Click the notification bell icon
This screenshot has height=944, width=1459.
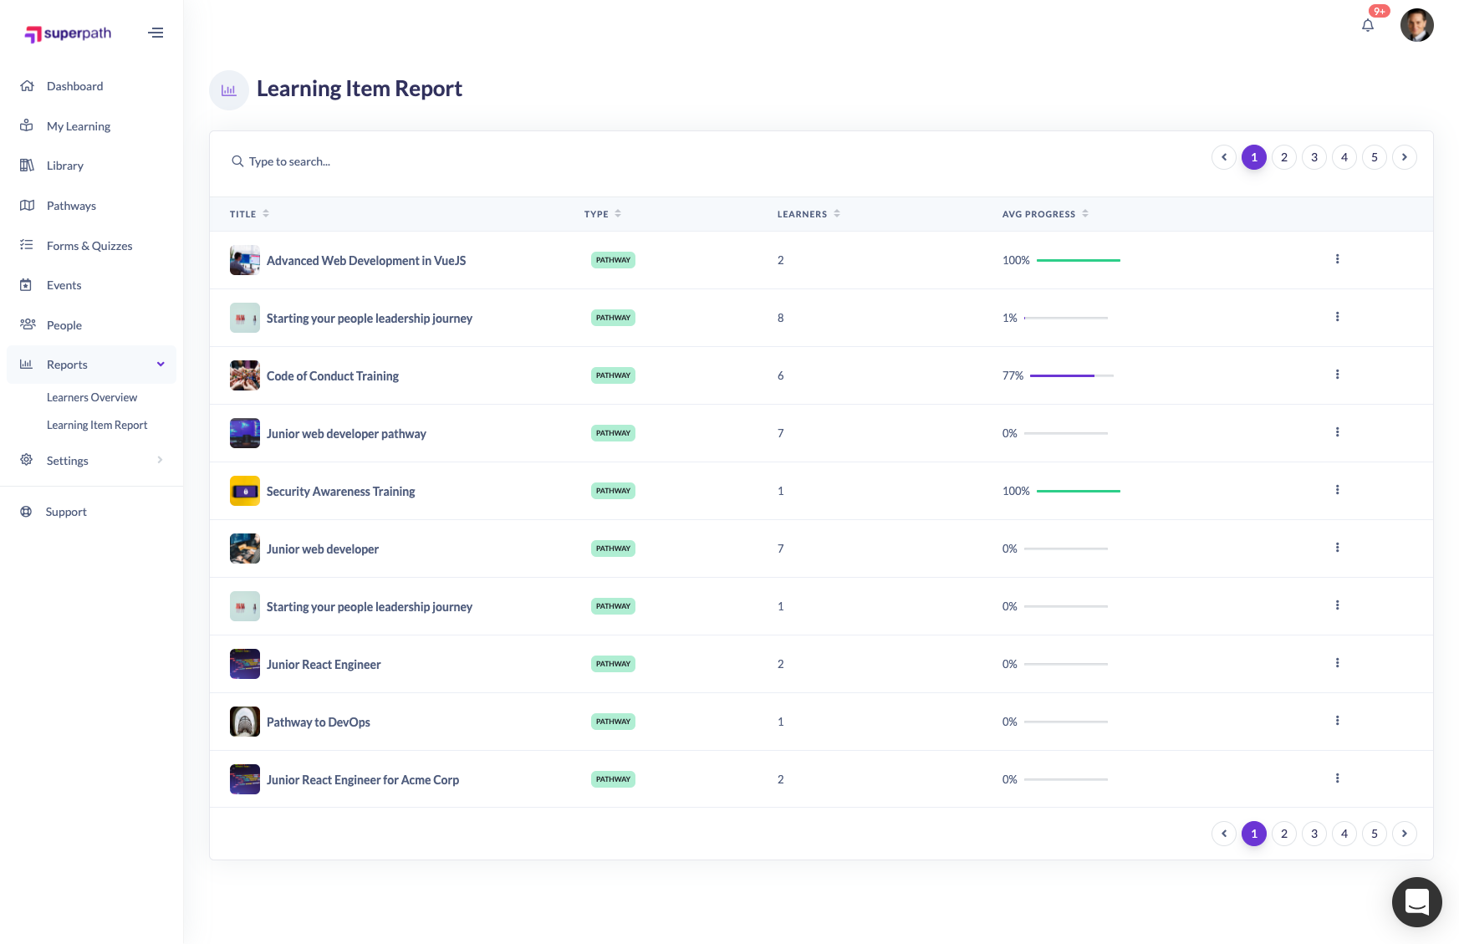tap(1368, 25)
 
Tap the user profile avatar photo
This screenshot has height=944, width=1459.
tap(1416, 25)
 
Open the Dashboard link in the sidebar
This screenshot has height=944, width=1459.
tap(74, 86)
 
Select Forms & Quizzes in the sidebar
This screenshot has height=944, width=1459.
tap(89, 246)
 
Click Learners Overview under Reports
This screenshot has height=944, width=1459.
tap(92, 397)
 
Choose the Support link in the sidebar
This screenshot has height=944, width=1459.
tap(66, 512)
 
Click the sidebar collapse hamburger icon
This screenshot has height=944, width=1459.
tap(156, 33)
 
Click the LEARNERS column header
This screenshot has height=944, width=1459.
tap(802, 214)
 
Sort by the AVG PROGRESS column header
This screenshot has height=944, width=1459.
tap(1038, 214)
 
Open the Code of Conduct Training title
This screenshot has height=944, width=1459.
tap(332, 376)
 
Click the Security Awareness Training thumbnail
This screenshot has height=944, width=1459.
tap(245, 491)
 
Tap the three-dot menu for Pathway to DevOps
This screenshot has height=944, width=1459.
tap(1337, 721)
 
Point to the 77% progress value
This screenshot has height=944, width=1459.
tap(1013, 376)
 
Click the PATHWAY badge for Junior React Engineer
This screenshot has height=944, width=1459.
tap(613, 664)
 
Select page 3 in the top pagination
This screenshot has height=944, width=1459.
tap(1314, 157)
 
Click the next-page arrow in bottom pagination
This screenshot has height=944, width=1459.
tap(1404, 834)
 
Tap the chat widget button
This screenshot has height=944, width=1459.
tap(1416, 901)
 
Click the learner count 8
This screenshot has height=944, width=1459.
tap(781, 318)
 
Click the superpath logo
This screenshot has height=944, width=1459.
tap(69, 33)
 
